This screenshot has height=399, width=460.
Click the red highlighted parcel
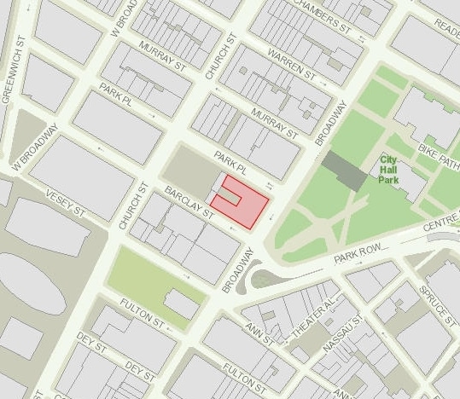coord(248,205)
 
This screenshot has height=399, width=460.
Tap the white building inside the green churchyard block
coord(181,303)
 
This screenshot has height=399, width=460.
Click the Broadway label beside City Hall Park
coord(331,124)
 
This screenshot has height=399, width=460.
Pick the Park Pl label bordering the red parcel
coord(230,159)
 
